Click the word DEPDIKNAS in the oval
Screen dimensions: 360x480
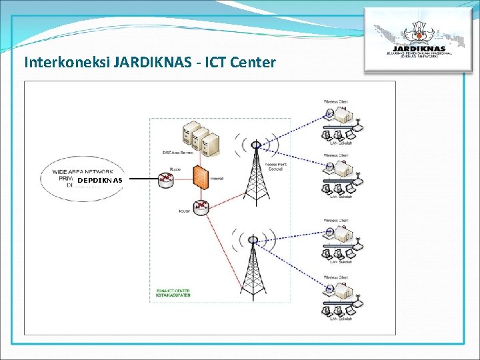99,180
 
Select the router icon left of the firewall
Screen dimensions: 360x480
165,178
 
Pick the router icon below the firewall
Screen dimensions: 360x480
200,207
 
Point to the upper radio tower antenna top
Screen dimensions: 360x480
255,144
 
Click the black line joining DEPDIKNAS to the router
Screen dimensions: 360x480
141,179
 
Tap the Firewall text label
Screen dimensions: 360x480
217,179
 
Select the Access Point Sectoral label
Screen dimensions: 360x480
274,167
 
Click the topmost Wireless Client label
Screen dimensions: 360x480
336,102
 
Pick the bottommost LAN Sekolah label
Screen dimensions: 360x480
341,319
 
